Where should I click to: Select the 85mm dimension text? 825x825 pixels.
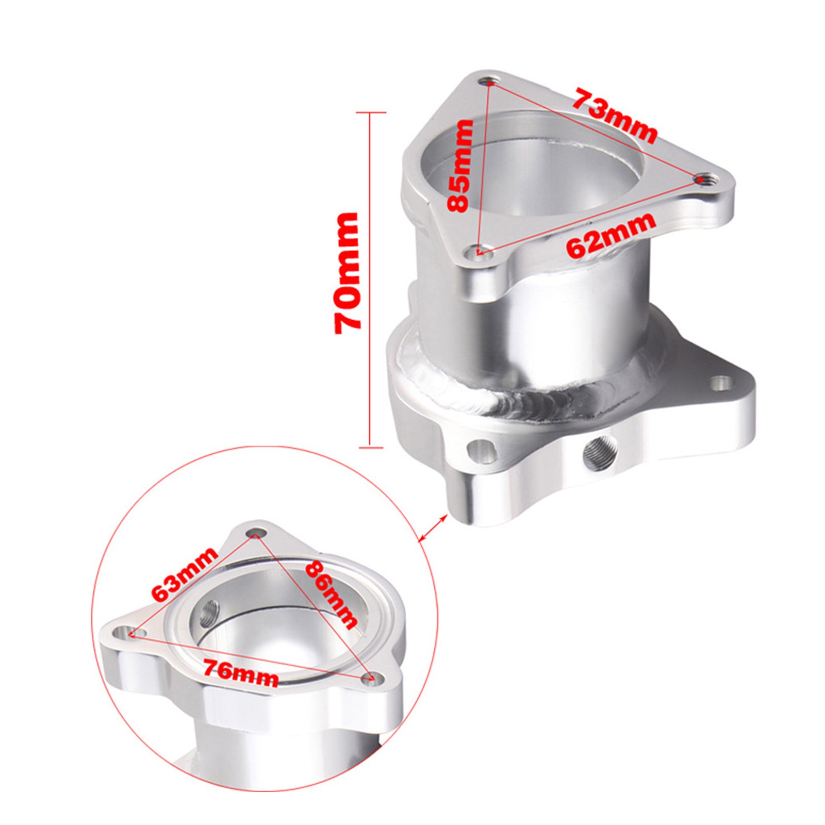[x=460, y=166]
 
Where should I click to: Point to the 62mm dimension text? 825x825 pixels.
[x=611, y=235]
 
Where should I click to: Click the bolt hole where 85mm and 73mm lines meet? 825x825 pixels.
[x=489, y=81]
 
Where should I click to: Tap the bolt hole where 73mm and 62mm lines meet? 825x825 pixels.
[x=702, y=179]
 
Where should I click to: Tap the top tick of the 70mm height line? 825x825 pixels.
[x=371, y=112]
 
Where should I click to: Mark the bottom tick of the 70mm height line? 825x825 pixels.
[x=371, y=447]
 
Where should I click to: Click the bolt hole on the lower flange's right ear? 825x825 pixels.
[x=721, y=383]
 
